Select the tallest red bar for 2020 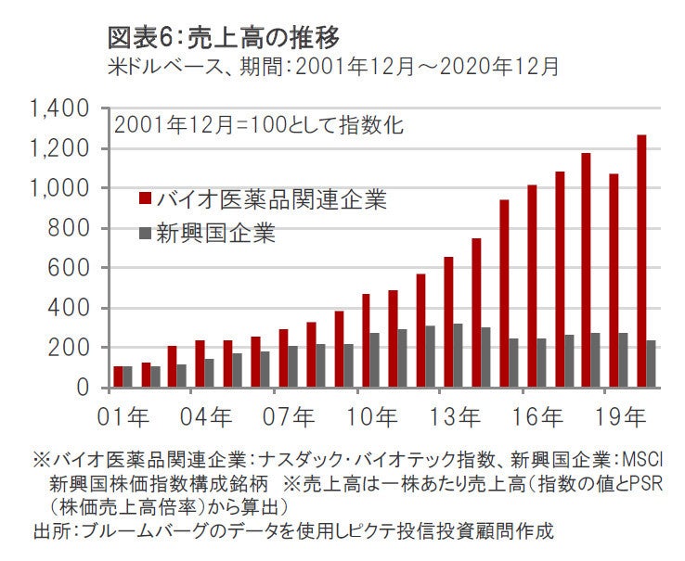(641, 261)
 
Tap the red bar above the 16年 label (532, 286)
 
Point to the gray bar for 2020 (652, 363)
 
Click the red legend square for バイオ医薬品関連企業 (145, 198)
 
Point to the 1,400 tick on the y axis (60, 109)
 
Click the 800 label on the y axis (70, 228)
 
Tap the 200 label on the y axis (70, 348)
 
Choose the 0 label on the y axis (83, 388)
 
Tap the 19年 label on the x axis (619, 413)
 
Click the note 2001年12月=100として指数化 (258, 126)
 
